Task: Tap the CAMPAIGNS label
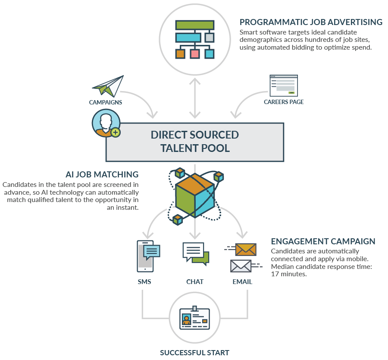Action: [x=106, y=102]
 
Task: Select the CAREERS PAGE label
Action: [x=284, y=102]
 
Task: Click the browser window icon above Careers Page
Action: [x=283, y=85]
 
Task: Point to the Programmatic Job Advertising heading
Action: [x=311, y=22]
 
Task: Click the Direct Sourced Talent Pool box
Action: [x=194, y=142]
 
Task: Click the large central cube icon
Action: [x=194, y=195]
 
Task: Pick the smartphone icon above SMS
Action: [x=145, y=256]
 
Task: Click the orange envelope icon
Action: [x=245, y=249]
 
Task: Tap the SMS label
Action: [x=144, y=282]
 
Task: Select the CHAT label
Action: [x=195, y=282]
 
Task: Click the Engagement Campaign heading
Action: [x=323, y=241]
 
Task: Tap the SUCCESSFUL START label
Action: [x=194, y=353]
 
